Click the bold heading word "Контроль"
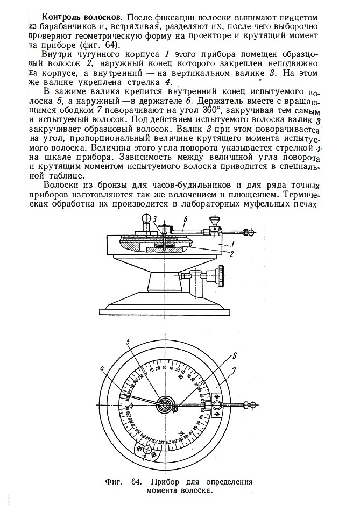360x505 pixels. (x=63, y=17)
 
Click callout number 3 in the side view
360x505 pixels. (x=154, y=219)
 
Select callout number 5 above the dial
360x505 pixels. (x=128, y=341)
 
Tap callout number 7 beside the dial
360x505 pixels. (x=235, y=371)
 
